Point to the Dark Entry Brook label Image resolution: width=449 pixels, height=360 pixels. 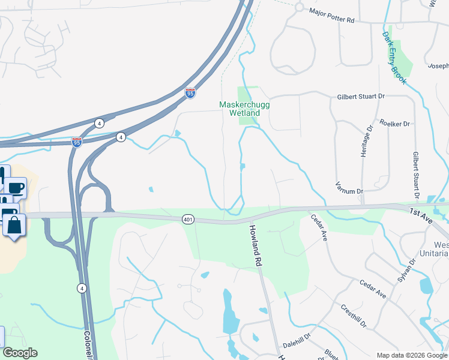click(x=394, y=58)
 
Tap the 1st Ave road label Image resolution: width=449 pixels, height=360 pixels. click(x=421, y=212)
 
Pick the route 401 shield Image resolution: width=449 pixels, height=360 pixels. click(x=188, y=220)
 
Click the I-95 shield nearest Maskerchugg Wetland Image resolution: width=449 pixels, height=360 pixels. click(x=190, y=93)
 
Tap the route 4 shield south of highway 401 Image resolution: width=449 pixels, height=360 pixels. click(x=81, y=289)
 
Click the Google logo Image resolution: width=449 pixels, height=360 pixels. click(x=20, y=353)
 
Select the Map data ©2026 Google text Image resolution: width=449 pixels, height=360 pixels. click(x=411, y=355)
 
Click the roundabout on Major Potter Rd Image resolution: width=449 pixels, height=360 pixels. click(x=298, y=7)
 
